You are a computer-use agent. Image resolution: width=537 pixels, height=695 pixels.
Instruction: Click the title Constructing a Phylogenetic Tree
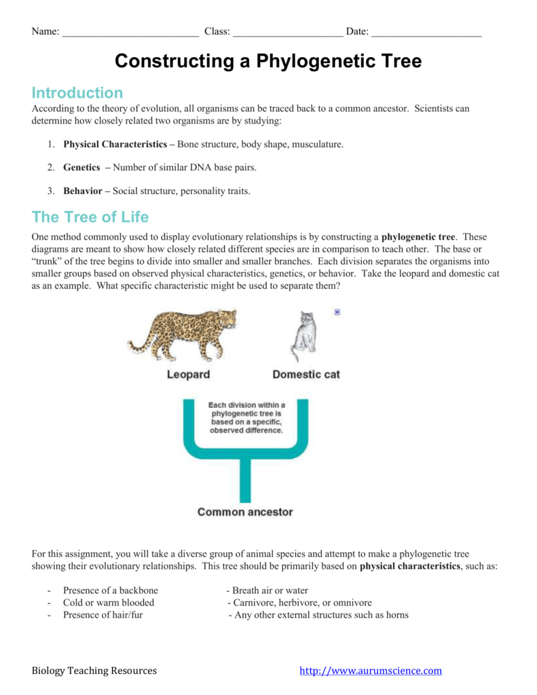(268, 61)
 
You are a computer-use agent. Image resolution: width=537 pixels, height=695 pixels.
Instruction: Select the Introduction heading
(77, 93)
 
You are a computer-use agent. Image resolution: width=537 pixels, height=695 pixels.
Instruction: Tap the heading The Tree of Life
(90, 217)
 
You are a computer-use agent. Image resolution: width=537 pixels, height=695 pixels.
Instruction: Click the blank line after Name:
(130, 32)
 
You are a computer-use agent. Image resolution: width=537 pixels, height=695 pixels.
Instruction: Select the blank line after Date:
(427, 32)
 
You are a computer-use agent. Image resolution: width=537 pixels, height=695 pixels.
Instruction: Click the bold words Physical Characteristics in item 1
(115, 145)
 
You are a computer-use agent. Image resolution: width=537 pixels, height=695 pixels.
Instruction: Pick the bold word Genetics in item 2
(81, 167)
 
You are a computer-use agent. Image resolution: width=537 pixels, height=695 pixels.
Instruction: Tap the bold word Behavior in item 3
(82, 191)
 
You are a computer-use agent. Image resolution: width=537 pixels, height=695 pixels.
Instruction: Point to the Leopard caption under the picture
(188, 375)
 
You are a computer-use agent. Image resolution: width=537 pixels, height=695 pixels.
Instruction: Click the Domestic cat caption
(306, 375)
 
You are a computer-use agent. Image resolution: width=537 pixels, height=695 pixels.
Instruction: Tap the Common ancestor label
(245, 512)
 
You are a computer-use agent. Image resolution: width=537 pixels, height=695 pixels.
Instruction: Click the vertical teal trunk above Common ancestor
(245, 478)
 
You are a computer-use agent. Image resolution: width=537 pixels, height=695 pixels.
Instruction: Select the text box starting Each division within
(246, 417)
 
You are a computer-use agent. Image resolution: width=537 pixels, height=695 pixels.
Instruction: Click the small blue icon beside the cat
(337, 312)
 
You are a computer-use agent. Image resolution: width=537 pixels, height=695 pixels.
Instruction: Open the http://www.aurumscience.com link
(371, 671)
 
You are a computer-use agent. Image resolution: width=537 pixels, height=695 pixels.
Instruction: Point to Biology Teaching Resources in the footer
(94, 671)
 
